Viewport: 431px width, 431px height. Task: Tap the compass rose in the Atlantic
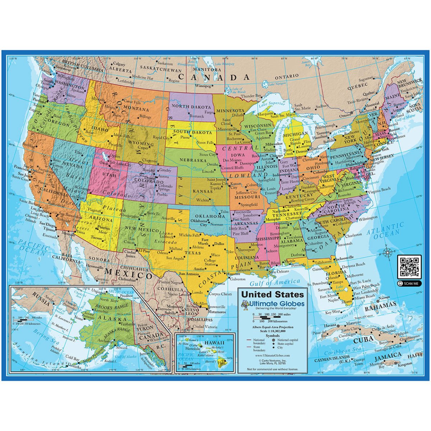pyautogui.click(x=388, y=253)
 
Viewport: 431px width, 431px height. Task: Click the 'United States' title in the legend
pyautogui.click(x=272, y=295)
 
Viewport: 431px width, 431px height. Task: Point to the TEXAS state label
pyautogui.click(x=193, y=253)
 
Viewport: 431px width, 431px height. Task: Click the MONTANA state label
pyautogui.click(x=136, y=109)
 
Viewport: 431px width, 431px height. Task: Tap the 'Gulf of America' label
pyautogui.click(x=275, y=282)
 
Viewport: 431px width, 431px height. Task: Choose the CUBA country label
pyautogui.click(x=364, y=340)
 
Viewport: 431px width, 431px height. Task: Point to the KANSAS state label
pyautogui.click(x=203, y=191)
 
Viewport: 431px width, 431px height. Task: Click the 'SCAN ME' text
pyautogui.click(x=411, y=283)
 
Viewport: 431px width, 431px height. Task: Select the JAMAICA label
pyautogui.click(x=388, y=355)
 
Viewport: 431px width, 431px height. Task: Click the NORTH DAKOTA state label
pyautogui.click(x=191, y=107)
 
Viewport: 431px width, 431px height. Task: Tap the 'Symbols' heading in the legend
pyautogui.click(x=272, y=336)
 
